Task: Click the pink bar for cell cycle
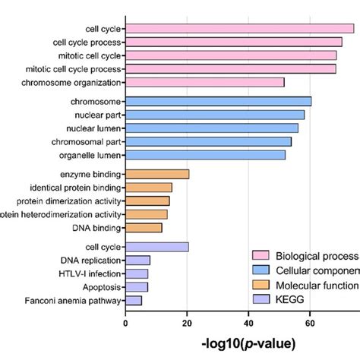pyautogui.click(x=239, y=29)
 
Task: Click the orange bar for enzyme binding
pyautogui.click(x=157, y=174)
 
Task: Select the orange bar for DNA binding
pyautogui.click(x=144, y=228)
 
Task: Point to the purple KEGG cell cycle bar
pyautogui.click(x=156, y=247)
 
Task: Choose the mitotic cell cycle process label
pyautogui.click(x=71, y=68)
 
